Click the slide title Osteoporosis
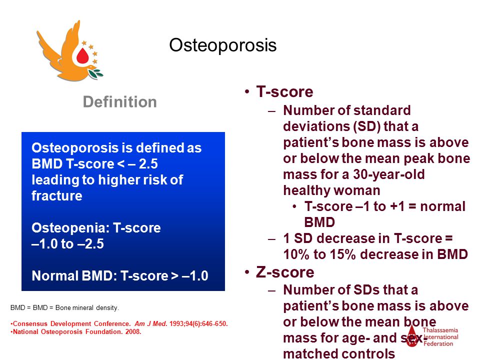tap(223, 45)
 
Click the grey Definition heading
tap(119, 102)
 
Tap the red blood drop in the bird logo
tap(82, 55)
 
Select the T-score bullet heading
tap(284, 91)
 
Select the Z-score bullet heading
tap(285, 272)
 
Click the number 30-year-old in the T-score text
tap(389, 174)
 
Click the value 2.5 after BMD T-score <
tap(148, 164)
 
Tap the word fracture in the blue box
tap(57, 196)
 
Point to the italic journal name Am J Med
tap(151, 324)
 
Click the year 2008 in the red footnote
tap(133, 332)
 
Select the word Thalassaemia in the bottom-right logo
tap(440, 330)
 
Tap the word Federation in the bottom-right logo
tap(438, 344)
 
